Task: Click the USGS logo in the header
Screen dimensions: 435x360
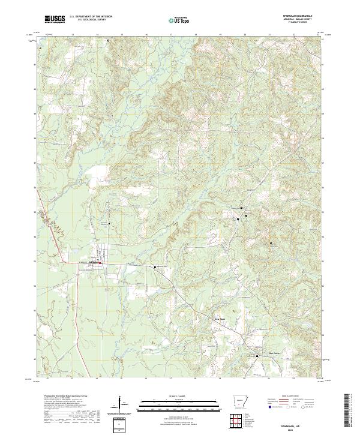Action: [55, 20]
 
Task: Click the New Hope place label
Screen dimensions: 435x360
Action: [221, 319]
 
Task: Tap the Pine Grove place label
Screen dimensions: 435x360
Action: [257, 352]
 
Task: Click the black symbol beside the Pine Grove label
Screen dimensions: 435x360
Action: [259, 356]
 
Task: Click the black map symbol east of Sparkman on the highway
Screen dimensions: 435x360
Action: [155, 267]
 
